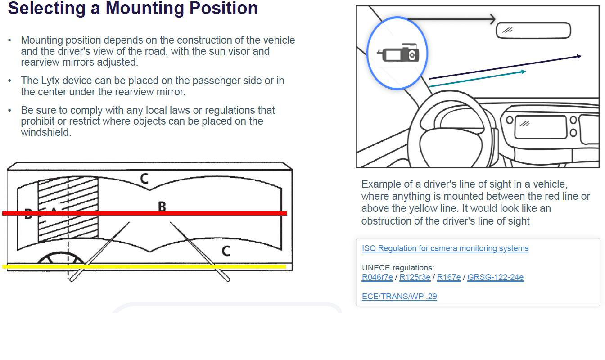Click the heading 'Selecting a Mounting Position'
(x=133, y=8)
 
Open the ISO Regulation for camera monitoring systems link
(x=445, y=248)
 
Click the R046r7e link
(x=377, y=277)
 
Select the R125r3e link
(x=415, y=277)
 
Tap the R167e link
(x=448, y=277)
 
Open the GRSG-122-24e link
(x=495, y=277)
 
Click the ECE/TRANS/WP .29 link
(x=399, y=297)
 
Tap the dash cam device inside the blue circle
(x=398, y=53)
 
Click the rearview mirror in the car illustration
(x=533, y=31)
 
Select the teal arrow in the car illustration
(x=477, y=78)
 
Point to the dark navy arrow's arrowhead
(x=578, y=56)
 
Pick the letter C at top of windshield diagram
(x=144, y=179)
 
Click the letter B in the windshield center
(x=162, y=207)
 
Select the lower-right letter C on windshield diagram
(x=226, y=251)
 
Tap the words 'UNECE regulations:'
(x=398, y=268)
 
